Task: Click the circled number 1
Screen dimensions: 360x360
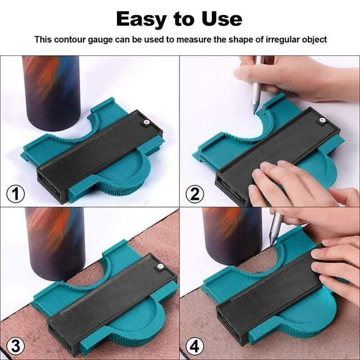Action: coord(16,194)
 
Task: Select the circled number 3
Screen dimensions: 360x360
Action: coord(16,346)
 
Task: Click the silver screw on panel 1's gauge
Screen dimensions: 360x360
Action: coord(146,124)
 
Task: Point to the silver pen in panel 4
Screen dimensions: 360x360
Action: coord(275,231)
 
